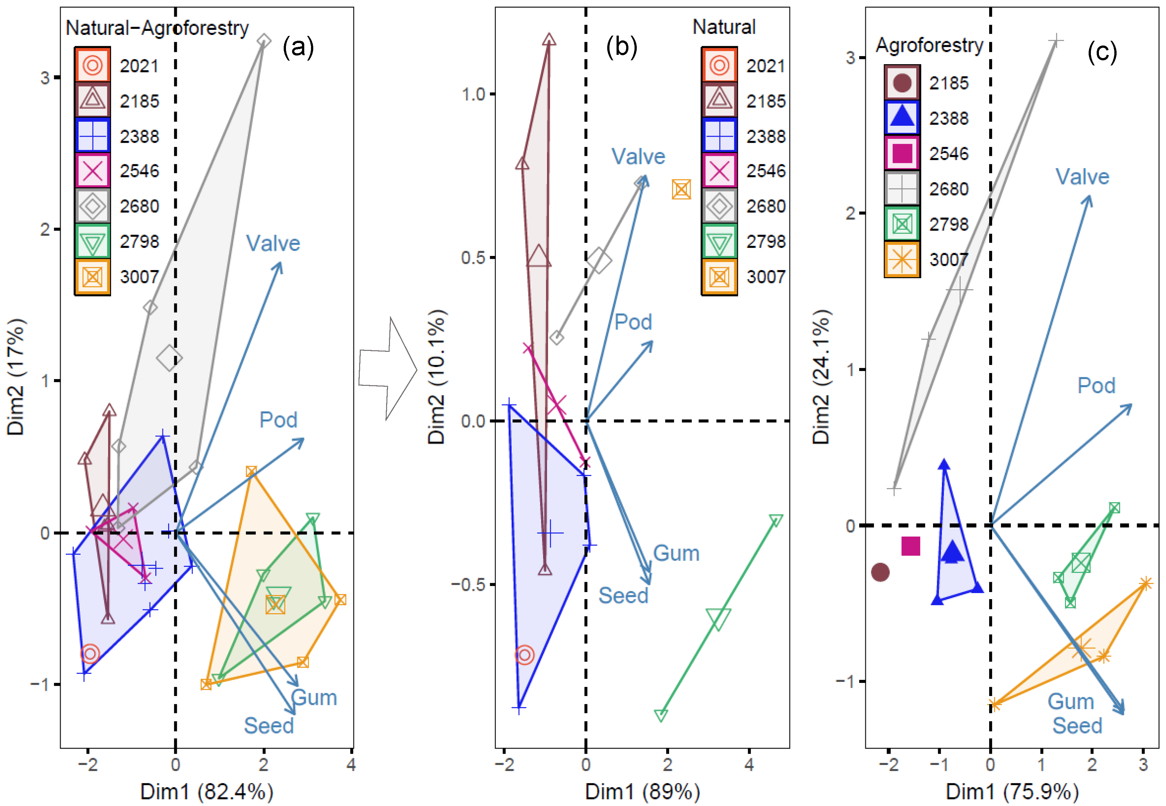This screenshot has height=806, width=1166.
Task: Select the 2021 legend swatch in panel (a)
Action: pyautogui.click(x=92, y=65)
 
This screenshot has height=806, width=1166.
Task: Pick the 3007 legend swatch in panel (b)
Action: pyautogui.click(x=719, y=277)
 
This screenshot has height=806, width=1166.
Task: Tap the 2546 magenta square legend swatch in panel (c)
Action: pyautogui.click(x=902, y=153)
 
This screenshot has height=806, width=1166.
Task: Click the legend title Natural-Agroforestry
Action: pyautogui.click(x=157, y=28)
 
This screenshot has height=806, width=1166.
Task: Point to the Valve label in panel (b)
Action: pyautogui.click(x=638, y=157)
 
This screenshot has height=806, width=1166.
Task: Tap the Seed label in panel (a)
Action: pyautogui.click(x=269, y=726)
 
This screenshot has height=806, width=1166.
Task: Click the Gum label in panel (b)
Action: pyautogui.click(x=676, y=553)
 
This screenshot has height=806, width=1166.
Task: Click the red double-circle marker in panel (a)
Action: pyautogui.click(x=91, y=653)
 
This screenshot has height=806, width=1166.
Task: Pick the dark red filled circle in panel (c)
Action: pyautogui.click(x=880, y=572)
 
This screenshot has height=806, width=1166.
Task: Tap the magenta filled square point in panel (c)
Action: pyautogui.click(x=911, y=546)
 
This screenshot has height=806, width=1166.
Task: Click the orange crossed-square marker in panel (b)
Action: pyautogui.click(x=681, y=189)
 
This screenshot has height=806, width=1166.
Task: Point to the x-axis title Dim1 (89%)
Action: pyautogui.click(x=642, y=791)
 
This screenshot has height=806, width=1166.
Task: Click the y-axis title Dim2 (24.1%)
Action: pyautogui.click(x=821, y=376)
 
